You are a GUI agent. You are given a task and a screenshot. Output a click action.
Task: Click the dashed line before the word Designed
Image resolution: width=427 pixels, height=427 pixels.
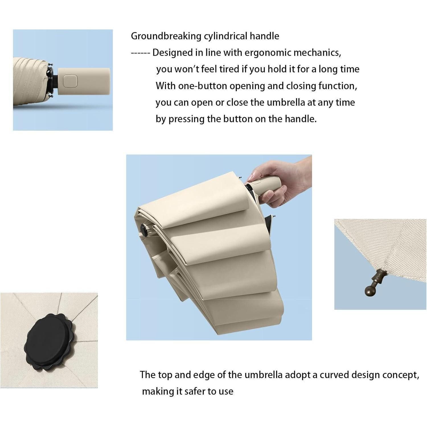pyautogui.click(x=140, y=53)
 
